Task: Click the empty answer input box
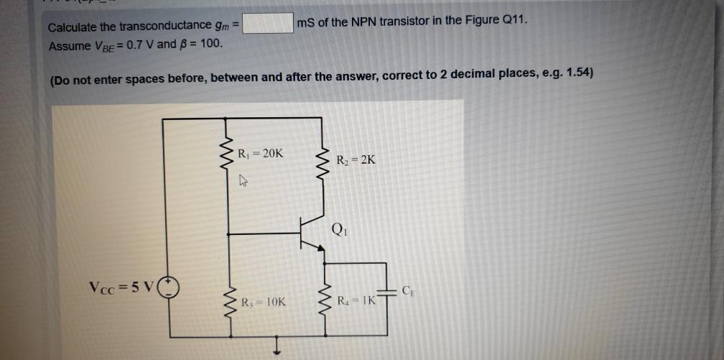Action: coord(268,23)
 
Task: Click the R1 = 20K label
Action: coord(261,153)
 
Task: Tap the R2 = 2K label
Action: coord(357,160)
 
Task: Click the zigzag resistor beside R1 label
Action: coord(229,160)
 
